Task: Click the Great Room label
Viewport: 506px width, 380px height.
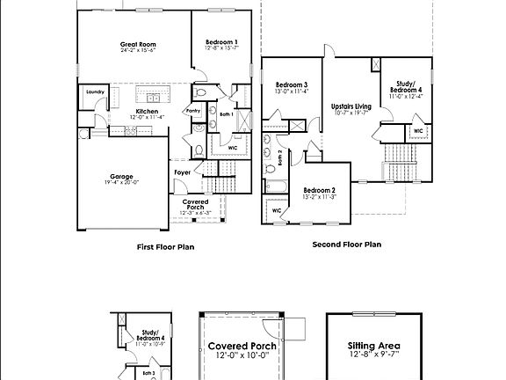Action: (137, 43)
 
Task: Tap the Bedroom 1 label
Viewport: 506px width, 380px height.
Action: (221, 42)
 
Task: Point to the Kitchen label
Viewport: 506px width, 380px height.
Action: (147, 111)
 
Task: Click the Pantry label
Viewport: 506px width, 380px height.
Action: (193, 111)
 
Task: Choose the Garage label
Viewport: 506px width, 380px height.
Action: (121, 176)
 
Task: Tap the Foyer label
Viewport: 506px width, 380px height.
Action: (183, 172)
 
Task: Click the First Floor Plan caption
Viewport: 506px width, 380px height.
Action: (165, 247)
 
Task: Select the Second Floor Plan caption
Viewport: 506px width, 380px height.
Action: (347, 245)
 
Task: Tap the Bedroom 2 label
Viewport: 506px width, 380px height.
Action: (320, 190)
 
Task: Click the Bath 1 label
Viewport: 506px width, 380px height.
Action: (225, 113)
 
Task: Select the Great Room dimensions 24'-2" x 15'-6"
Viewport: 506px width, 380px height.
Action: (137, 50)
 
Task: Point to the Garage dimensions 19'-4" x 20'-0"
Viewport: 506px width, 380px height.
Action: (121, 183)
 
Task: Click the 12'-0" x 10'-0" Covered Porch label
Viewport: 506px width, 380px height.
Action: (242, 357)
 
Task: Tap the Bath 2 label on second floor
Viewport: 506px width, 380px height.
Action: (279, 157)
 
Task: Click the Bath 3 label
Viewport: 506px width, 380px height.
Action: (149, 373)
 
